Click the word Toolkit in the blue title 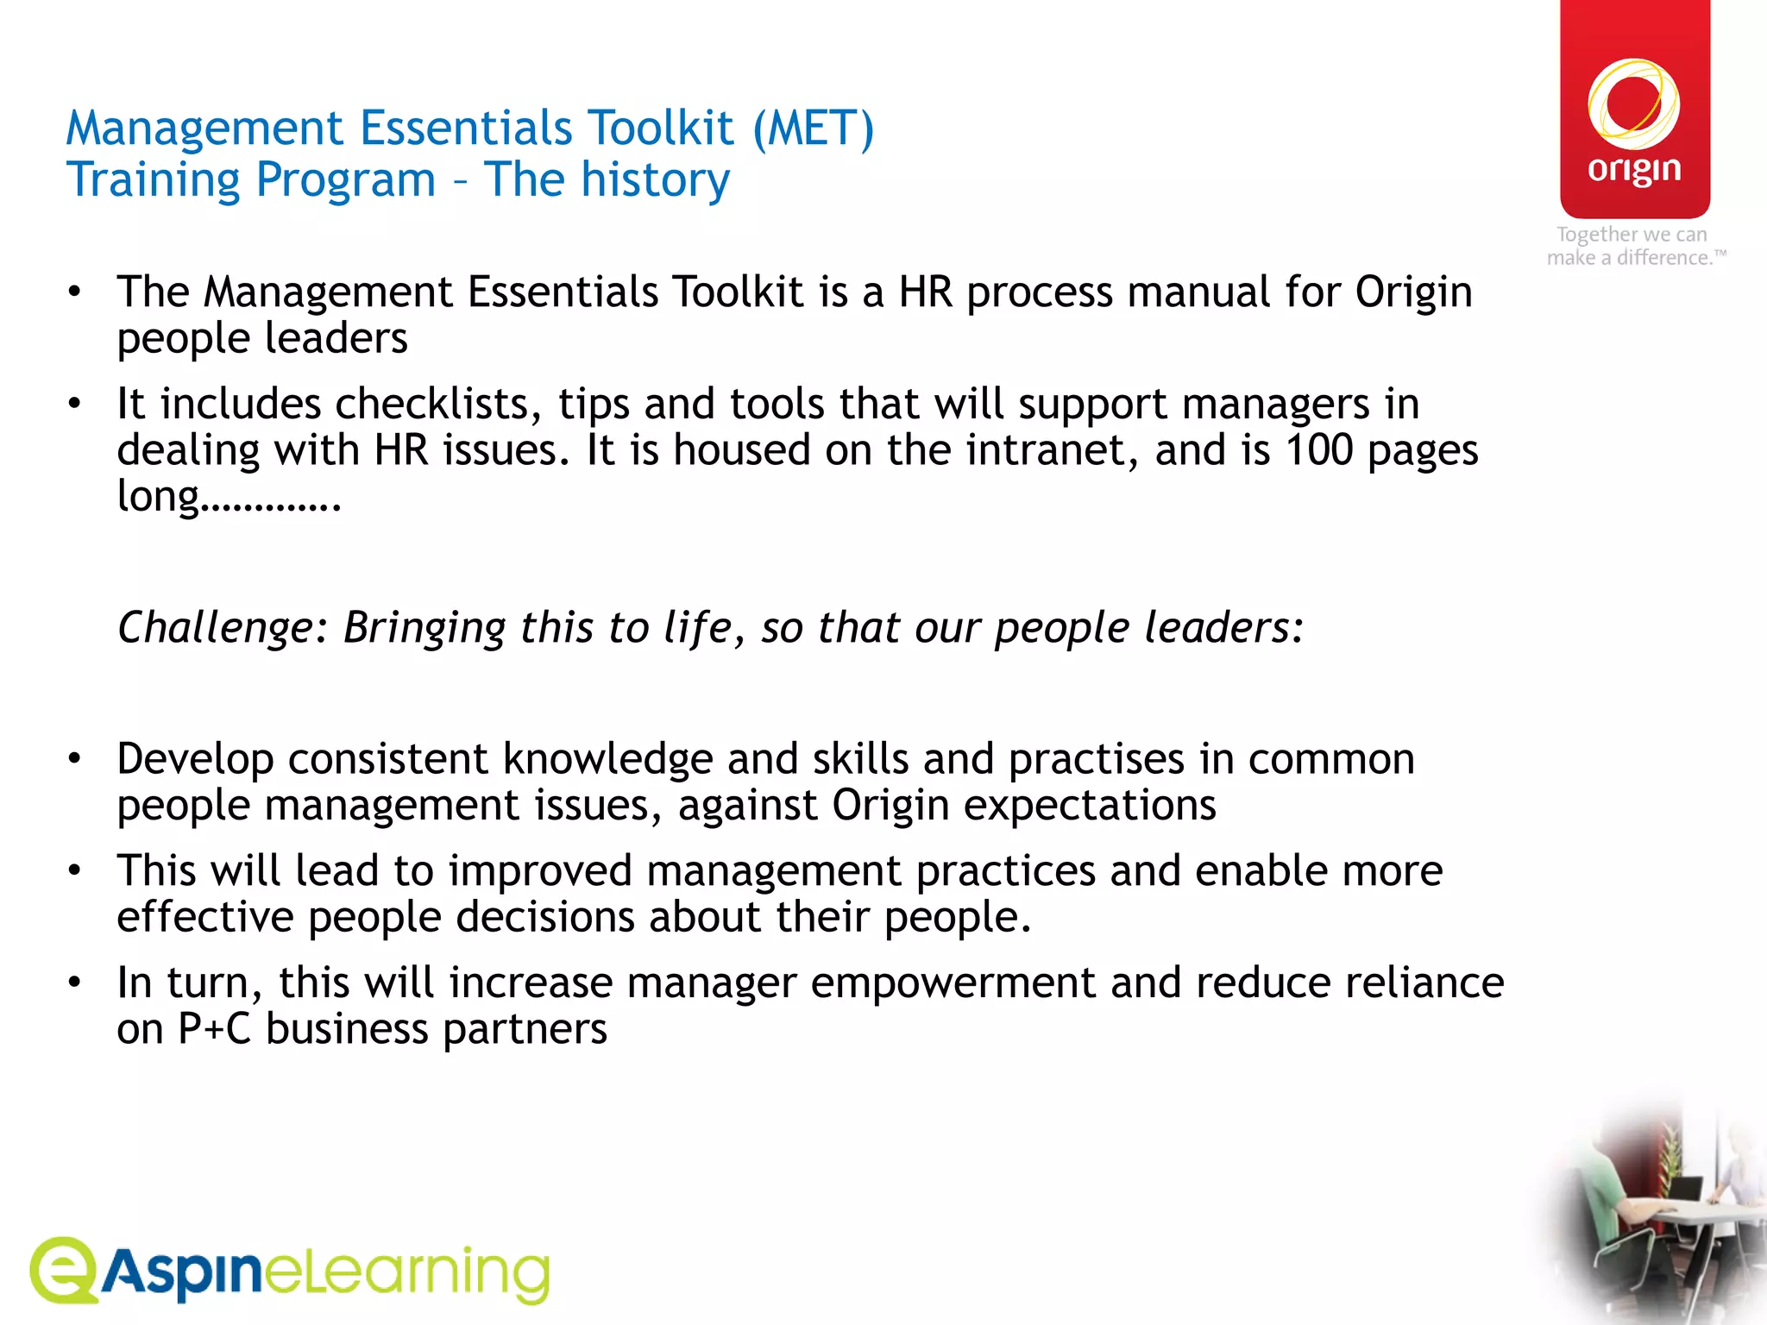pos(661,129)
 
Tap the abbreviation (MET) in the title pos(814,129)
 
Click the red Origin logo pos(1634,110)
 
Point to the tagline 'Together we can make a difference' pos(1634,246)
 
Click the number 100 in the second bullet pos(1318,450)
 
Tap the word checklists pos(438,404)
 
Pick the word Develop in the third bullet pos(195,760)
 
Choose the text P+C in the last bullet pos(214,1029)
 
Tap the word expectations pos(1089,806)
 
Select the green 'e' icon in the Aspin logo pos(62,1270)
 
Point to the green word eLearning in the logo pos(406,1273)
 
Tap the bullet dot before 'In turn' pos(75,983)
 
